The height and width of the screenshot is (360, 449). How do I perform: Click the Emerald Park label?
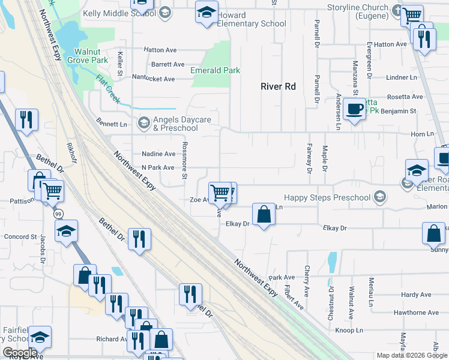[x=215, y=70]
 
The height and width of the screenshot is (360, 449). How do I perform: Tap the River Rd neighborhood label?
[x=278, y=86]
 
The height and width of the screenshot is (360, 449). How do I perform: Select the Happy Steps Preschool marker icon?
[x=379, y=196]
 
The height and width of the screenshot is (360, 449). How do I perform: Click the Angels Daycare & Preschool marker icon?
[x=143, y=124]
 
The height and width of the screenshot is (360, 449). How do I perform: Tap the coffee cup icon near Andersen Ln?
[x=354, y=109]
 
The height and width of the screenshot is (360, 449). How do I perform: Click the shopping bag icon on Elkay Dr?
[x=264, y=214]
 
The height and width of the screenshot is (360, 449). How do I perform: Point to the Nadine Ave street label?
[x=158, y=154]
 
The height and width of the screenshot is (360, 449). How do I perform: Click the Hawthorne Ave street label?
[x=416, y=313]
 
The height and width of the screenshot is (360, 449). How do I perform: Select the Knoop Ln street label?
[x=349, y=331]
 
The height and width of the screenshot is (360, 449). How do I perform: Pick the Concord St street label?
[x=20, y=237]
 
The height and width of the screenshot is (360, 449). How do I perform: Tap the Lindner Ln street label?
[x=402, y=77]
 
